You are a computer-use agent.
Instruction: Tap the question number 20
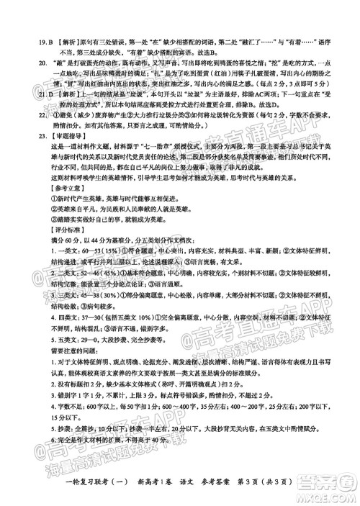(x=21, y=63)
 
